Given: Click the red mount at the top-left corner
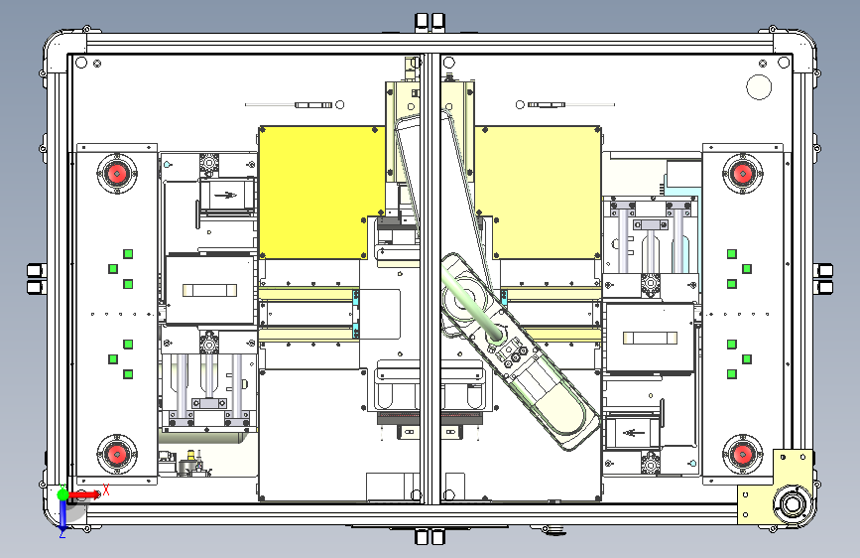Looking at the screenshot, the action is tap(116, 174).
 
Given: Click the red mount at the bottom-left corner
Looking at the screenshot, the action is tap(116, 454).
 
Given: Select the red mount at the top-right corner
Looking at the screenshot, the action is tap(743, 174).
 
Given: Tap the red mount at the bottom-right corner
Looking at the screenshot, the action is tap(743, 454).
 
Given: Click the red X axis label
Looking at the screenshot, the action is tap(106, 489).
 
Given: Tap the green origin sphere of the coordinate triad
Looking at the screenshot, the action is tap(63, 494).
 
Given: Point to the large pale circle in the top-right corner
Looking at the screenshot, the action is tap(759, 86).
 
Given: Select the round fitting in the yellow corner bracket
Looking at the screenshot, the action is tap(792, 503).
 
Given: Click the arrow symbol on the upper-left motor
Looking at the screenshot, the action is tap(225, 195).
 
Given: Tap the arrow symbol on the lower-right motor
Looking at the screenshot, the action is tap(633, 434).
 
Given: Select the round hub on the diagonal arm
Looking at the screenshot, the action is tap(494, 335).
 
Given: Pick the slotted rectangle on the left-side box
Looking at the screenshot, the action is tap(210, 290).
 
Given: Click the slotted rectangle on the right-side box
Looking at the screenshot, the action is tap(650, 338).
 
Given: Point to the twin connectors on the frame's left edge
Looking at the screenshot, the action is tap(36, 279).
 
